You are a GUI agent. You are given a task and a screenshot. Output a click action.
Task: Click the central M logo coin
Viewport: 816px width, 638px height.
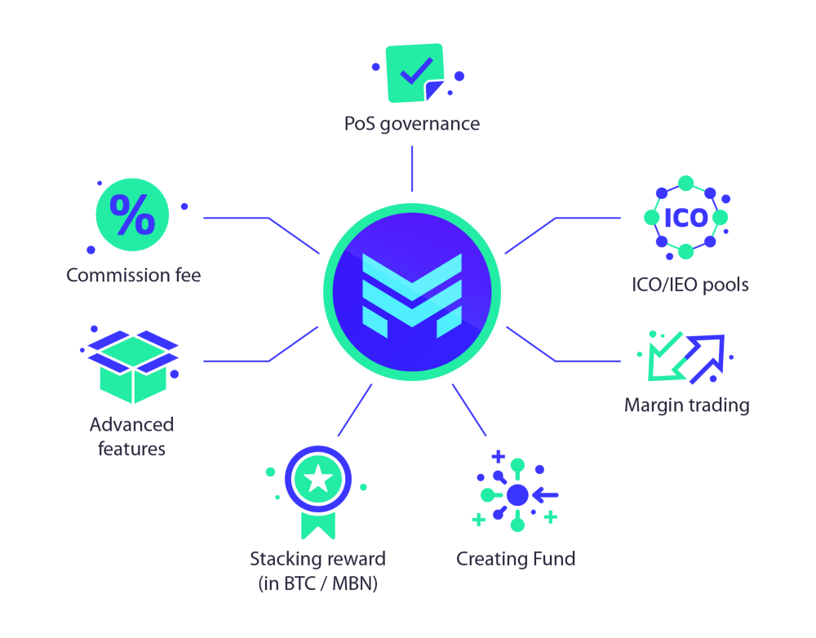412,292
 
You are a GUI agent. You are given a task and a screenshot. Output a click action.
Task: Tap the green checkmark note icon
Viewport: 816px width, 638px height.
415,73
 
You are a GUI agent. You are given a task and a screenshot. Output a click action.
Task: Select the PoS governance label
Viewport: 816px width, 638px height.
411,124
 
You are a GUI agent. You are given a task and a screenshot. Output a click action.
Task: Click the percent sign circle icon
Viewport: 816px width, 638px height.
132,215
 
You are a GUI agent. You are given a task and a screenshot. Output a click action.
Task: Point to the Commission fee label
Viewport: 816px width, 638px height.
133,276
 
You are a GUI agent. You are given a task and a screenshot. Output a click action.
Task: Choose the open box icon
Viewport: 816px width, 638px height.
132,366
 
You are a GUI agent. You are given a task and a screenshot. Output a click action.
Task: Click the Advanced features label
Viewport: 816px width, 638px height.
132,436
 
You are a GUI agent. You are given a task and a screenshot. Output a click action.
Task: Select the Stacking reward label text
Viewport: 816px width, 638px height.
317,560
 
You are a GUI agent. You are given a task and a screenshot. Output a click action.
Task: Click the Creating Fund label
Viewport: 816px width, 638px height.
516,559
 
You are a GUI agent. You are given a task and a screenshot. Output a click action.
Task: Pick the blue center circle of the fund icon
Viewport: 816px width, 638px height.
517,494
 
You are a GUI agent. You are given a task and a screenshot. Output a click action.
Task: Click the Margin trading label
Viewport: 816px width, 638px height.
686,405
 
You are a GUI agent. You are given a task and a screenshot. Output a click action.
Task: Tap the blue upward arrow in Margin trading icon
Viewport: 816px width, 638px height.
707,357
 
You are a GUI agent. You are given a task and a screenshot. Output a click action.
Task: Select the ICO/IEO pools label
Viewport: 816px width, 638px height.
690,285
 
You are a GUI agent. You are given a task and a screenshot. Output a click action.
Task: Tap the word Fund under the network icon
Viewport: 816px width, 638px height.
554,559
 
